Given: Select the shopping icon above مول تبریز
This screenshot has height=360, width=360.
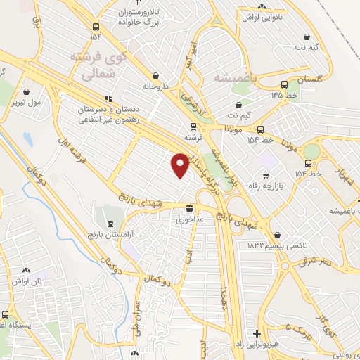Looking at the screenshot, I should (27, 91).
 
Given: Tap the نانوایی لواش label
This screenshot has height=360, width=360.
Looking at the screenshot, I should (262, 18).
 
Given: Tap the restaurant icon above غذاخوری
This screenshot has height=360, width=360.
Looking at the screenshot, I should (189, 208).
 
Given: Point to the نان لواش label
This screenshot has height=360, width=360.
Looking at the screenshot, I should (25, 281).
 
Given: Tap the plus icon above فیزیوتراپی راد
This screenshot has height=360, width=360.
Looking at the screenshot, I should (257, 333).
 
